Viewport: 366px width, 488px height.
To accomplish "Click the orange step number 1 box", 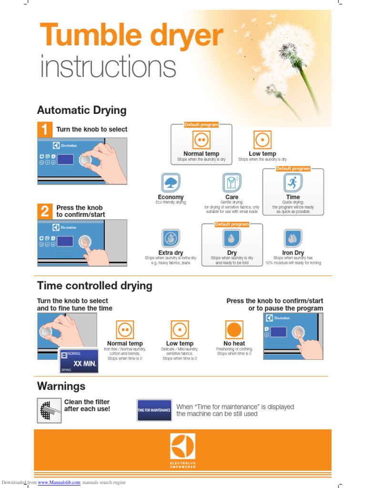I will [44, 129].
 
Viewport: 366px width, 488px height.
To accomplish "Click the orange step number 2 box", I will [44, 211].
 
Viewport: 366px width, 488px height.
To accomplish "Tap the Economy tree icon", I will [171, 183].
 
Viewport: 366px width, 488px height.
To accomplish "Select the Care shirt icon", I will [232, 183].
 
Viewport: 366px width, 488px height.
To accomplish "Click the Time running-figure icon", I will [293, 183].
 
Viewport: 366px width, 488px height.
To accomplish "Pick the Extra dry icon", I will [171, 238].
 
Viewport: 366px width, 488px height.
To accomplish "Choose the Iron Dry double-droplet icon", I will [293, 238].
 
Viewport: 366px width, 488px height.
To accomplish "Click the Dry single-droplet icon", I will [232, 238].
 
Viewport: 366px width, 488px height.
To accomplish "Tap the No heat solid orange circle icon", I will [234, 330].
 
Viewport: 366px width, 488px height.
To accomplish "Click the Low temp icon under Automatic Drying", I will [262, 140].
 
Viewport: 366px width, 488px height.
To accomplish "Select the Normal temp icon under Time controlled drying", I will [125, 330].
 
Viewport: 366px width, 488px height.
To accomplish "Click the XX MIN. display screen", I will [79, 361].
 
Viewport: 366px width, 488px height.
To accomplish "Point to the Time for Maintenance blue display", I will [154, 410].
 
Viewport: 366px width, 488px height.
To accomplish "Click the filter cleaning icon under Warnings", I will [49, 410].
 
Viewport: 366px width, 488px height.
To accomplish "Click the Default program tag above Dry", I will [232, 224].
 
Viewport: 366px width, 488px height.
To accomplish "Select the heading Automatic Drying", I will [82, 111].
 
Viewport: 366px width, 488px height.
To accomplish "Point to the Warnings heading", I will [61, 386].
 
